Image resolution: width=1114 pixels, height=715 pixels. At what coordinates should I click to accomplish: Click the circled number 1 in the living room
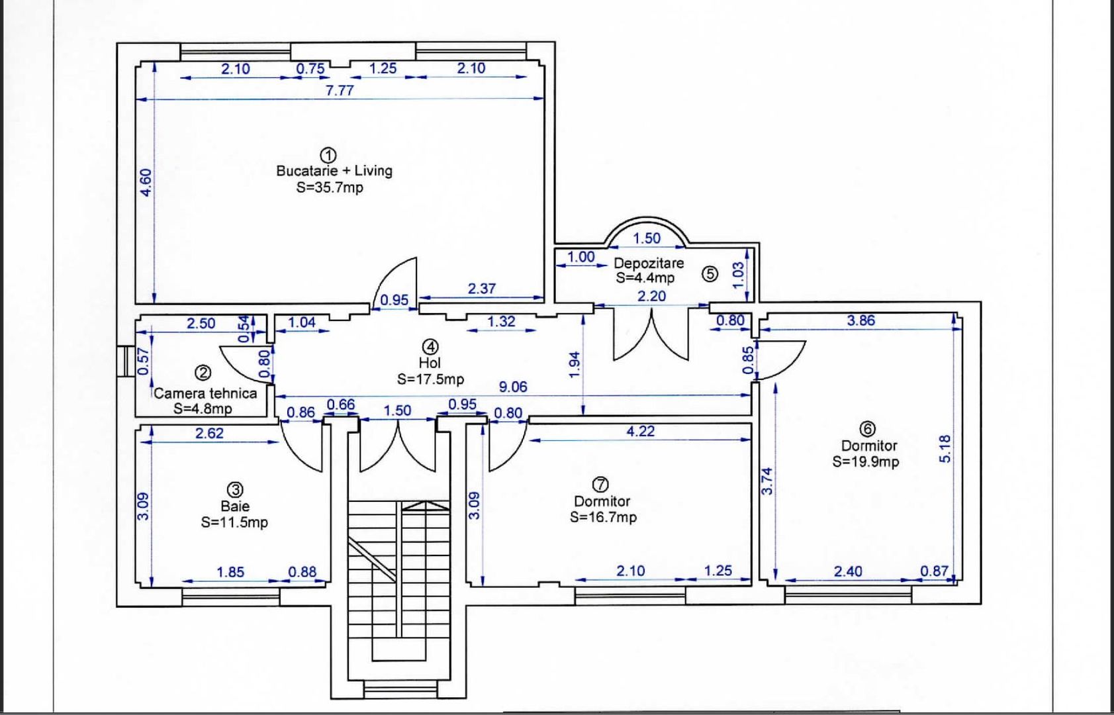(x=328, y=155)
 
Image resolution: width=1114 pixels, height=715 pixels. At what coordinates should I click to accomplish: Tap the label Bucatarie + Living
(x=334, y=171)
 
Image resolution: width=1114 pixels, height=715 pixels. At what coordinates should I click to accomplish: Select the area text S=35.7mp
(x=330, y=187)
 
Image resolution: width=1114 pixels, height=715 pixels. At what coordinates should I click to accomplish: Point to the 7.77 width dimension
(x=340, y=91)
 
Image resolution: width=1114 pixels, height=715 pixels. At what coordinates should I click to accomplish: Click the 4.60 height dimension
(x=146, y=183)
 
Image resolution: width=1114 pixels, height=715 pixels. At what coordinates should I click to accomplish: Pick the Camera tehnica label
(x=205, y=393)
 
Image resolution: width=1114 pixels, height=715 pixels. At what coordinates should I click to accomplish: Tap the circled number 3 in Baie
(x=235, y=490)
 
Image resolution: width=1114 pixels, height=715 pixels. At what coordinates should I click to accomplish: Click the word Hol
(x=430, y=363)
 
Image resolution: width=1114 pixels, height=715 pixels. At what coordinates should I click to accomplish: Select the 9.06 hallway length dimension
(x=513, y=387)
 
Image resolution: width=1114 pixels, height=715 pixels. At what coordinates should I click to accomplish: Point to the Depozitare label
(x=649, y=263)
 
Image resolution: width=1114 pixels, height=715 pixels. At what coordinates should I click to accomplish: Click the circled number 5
(x=710, y=273)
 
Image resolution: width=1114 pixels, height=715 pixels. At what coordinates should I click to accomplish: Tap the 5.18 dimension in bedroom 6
(x=945, y=449)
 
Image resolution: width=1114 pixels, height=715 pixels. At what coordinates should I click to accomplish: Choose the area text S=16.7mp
(x=603, y=517)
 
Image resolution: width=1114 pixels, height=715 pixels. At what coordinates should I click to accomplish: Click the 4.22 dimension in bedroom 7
(x=641, y=431)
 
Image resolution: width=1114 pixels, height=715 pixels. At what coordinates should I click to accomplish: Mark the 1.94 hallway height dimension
(x=575, y=365)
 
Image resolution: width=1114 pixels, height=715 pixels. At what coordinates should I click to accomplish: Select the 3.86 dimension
(x=861, y=320)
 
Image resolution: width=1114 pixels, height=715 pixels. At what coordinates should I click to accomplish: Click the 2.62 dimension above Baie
(x=209, y=434)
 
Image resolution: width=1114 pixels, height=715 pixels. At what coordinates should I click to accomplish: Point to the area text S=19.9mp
(x=866, y=461)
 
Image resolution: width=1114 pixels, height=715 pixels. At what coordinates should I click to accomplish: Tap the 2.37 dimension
(x=481, y=289)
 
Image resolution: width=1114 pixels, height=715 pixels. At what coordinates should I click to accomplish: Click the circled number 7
(x=601, y=484)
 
